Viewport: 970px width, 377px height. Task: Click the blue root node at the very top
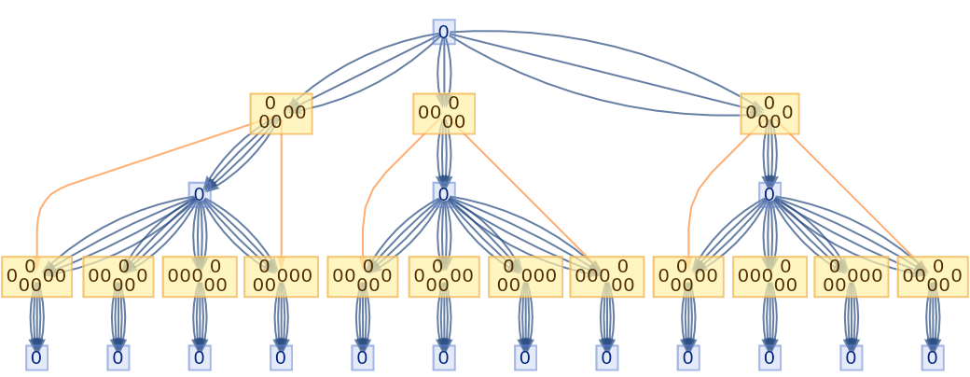point(444,33)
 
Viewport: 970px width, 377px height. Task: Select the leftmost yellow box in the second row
point(281,114)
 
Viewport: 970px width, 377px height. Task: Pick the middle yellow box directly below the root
point(444,114)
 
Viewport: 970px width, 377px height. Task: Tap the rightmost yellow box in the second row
point(769,114)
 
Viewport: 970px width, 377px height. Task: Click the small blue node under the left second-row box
point(199,194)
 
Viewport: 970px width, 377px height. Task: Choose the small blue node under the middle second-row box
point(444,194)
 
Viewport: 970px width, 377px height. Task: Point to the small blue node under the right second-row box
point(769,194)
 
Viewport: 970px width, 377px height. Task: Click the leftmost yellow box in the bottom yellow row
point(36,276)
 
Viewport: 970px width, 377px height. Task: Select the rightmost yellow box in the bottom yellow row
point(933,276)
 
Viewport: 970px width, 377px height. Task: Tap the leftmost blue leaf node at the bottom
point(36,357)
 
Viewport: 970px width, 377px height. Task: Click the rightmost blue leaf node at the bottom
point(933,357)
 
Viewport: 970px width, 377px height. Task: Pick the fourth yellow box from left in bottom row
point(281,276)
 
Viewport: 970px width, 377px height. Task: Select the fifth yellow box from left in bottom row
point(363,276)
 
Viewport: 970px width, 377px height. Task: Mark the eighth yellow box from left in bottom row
point(607,276)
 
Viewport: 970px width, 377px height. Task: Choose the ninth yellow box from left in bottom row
point(688,276)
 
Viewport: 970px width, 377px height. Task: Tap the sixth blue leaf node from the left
point(444,357)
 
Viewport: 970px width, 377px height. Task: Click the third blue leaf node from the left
point(199,357)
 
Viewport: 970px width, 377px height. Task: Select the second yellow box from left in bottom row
point(118,276)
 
